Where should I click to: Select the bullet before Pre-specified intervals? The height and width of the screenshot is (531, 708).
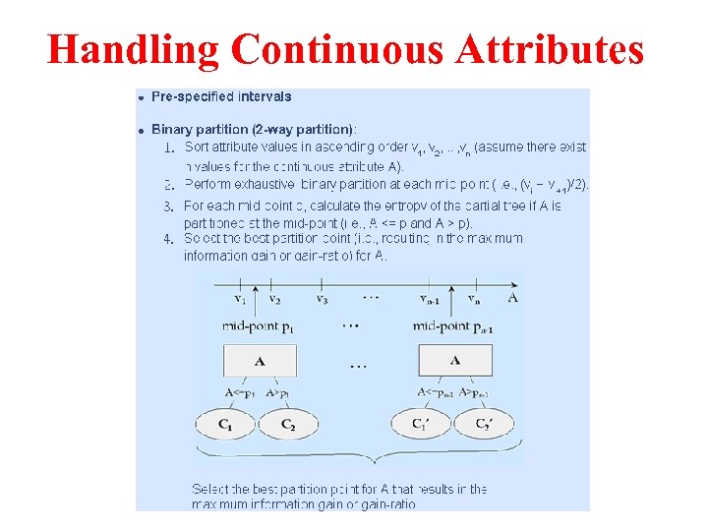[142, 98]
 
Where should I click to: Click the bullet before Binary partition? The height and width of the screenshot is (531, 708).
[142, 130]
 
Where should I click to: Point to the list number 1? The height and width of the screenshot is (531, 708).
[168, 148]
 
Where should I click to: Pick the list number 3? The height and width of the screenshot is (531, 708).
[168, 206]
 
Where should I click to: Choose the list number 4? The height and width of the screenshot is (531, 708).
[168, 238]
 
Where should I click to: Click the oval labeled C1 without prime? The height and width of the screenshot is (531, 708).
[226, 424]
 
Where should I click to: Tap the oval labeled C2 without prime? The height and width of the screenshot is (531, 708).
[288, 424]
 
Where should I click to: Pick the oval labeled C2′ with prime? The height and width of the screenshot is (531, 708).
[483, 424]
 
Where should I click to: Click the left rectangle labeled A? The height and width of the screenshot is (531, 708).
[260, 361]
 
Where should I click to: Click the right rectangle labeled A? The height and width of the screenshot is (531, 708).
[454, 361]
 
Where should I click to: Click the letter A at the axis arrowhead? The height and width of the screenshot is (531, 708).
[512, 296]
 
